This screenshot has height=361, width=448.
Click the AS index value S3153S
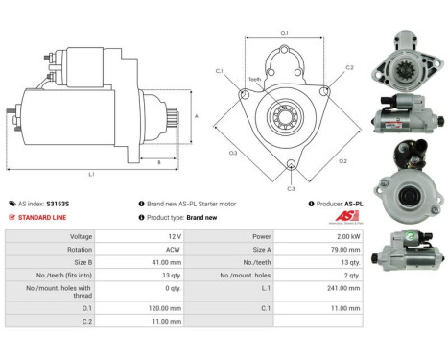point(58,204)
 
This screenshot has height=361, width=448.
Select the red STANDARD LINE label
point(43,217)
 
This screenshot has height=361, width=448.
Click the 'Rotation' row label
point(81,248)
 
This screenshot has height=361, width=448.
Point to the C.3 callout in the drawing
point(291,189)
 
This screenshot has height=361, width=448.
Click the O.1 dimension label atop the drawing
point(284,34)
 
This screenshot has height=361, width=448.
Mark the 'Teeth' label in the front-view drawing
point(254,80)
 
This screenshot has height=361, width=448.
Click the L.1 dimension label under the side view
point(91,175)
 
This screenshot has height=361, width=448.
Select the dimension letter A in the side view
point(196,115)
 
